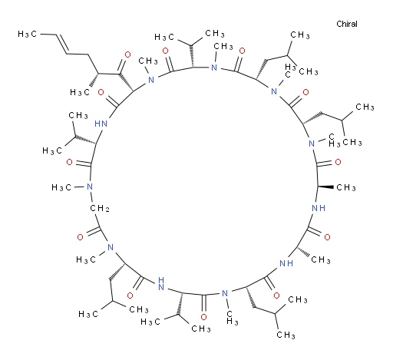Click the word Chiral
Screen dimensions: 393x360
click(x=347, y=24)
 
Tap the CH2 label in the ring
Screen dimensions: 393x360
click(x=100, y=209)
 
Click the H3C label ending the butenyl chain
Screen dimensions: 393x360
click(x=27, y=34)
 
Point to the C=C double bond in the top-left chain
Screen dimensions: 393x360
click(x=59, y=44)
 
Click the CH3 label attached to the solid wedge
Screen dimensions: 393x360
click(x=346, y=188)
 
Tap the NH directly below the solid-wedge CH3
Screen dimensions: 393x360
click(x=319, y=208)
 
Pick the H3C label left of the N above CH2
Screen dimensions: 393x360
click(x=61, y=187)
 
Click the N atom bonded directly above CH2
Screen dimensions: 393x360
click(x=90, y=187)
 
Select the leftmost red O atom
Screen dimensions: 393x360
click(x=69, y=162)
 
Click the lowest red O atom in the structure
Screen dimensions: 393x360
click(x=203, y=317)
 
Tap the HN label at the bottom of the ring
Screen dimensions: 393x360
click(x=161, y=283)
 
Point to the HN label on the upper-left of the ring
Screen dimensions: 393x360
click(x=101, y=124)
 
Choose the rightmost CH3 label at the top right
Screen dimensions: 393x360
click(x=365, y=107)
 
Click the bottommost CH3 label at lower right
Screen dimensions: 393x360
click(x=286, y=335)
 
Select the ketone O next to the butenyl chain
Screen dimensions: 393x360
click(x=127, y=54)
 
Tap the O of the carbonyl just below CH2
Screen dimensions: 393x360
click(x=80, y=237)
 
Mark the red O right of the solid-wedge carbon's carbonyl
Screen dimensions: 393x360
click(x=338, y=162)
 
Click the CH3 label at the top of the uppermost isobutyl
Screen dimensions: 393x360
click(x=300, y=35)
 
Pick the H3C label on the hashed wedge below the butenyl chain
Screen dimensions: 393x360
click(x=80, y=92)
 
